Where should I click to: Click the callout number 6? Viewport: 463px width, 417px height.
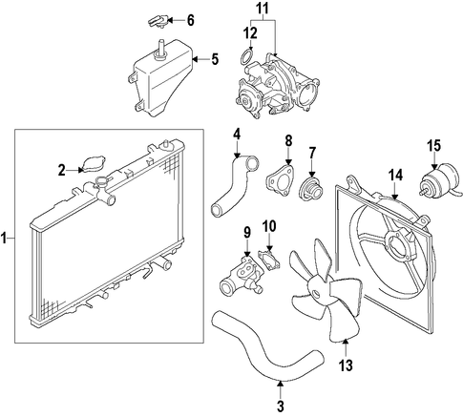coord(190,20)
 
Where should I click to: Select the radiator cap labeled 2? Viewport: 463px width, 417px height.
coord(94,164)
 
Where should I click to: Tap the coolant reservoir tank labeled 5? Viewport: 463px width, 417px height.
coord(162,79)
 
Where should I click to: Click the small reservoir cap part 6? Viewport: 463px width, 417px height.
coord(157,21)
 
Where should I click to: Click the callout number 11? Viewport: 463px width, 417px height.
coord(263,9)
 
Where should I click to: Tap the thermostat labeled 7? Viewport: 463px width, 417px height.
coord(311,191)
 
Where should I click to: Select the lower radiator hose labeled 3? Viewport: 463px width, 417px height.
coord(266,344)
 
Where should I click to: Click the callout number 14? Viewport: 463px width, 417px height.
coord(395,176)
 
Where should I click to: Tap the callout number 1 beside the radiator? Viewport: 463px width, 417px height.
coord(4,238)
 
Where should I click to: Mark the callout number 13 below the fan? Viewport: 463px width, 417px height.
coord(346,365)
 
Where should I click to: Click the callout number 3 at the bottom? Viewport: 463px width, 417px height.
coord(280,406)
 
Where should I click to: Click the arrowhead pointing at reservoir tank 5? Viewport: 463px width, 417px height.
coord(196,59)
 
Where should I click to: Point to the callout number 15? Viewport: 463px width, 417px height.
coord(434,146)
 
